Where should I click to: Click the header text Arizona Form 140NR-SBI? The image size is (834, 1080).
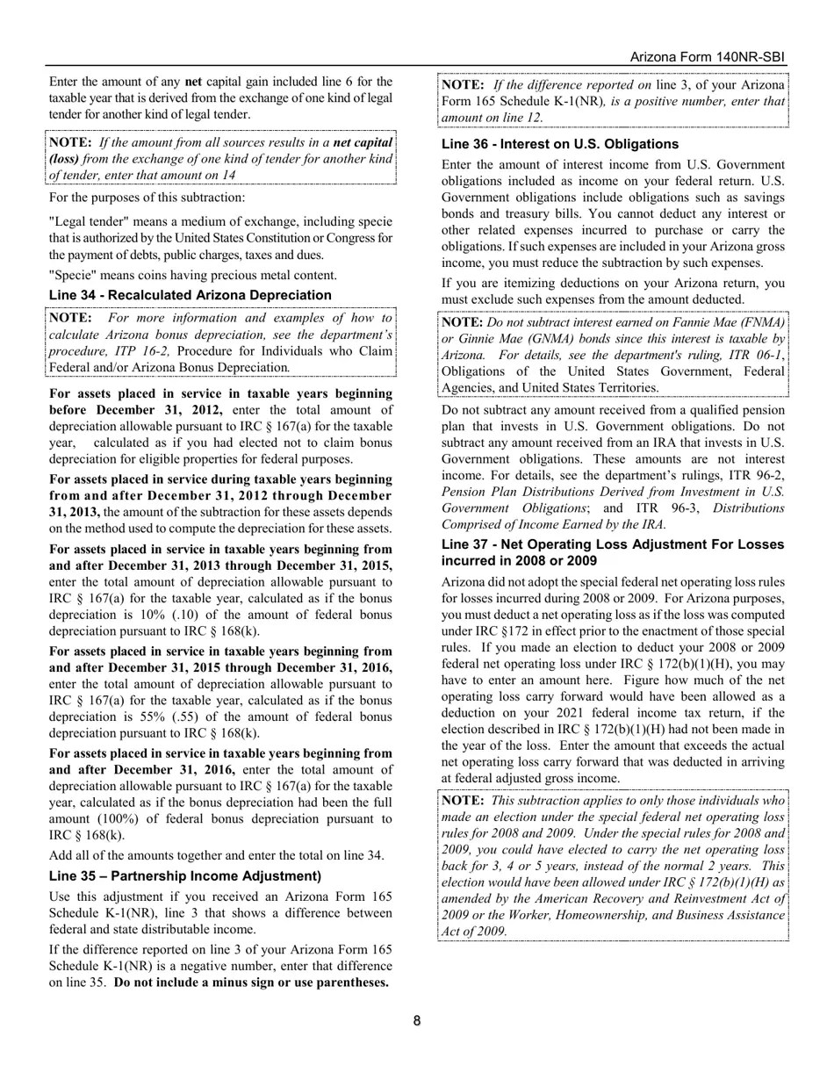[708, 57]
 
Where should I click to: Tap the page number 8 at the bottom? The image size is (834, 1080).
[417, 1020]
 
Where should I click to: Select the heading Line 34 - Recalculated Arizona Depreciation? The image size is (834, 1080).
[191, 295]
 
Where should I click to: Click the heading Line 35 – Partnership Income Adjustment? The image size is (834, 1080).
[185, 876]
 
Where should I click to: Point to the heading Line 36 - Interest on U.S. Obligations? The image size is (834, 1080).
[560, 144]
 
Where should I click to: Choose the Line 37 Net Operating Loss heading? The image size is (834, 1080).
[613, 552]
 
